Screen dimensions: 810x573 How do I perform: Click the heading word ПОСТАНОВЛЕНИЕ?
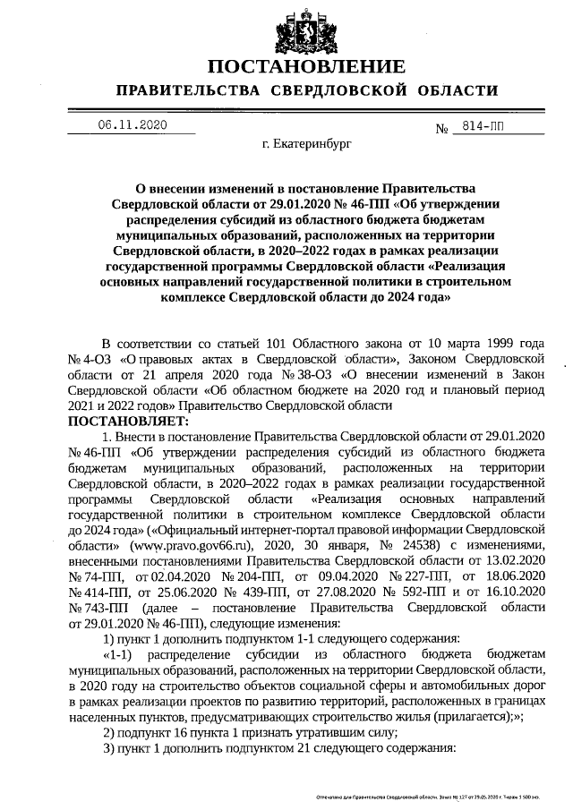[x=306, y=67]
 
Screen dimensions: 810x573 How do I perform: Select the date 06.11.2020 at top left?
[x=133, y=124]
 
